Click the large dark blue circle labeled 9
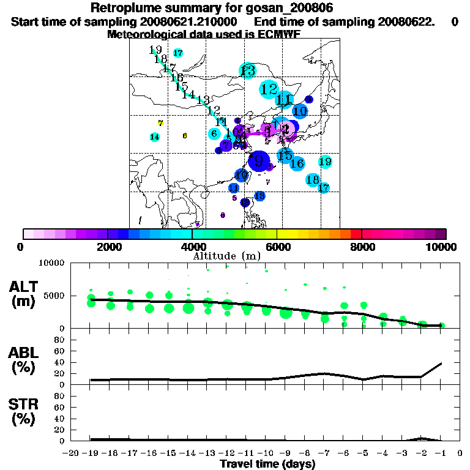pos(259,160)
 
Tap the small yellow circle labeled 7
pos(160,123)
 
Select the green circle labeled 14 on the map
pos(155,136)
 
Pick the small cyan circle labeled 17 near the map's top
pos(178,53)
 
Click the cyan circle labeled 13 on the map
pos(248,70)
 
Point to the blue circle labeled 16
pos(297,163)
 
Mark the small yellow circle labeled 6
pos(185,136)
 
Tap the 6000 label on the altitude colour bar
pos(277,247)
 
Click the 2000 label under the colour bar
pos(108,247)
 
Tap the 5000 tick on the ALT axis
pos(54,296)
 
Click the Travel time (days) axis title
pos(267,464)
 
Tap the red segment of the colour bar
pos(356,234)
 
